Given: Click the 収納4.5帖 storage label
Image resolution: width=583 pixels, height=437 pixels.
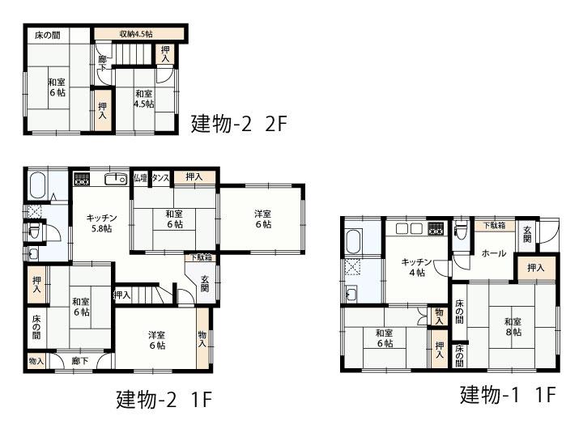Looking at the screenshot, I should point(136,34).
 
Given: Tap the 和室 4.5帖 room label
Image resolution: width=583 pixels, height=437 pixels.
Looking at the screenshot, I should point(143,99).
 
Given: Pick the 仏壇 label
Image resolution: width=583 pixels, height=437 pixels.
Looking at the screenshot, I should point(140,177).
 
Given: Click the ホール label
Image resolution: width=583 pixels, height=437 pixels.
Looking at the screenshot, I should point(493,253).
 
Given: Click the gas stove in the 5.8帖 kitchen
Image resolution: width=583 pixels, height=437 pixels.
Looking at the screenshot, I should point(82,178).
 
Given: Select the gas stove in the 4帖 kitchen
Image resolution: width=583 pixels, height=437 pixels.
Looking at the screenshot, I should point(436,227).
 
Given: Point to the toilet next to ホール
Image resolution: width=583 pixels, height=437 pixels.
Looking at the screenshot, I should point(460,231).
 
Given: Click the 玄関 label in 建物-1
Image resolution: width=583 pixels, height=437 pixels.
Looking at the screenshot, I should point(527,235).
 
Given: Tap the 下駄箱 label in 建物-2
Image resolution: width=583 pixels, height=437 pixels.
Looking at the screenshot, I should point(202,257).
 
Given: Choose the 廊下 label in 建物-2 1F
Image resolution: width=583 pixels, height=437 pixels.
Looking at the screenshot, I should point(79,361).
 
